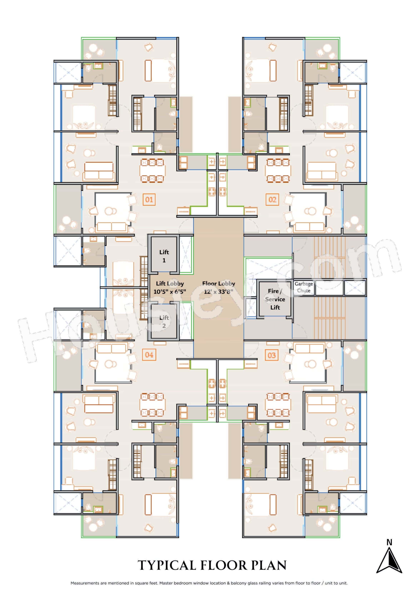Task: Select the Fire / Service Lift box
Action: [x=275, y=299]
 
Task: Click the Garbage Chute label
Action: [x=303, y=287]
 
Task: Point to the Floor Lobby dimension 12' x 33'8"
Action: [x=218, y=292]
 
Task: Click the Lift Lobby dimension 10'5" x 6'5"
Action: [x=170, y=292]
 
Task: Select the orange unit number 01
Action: [x=149, y=200]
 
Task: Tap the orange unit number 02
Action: [x=272, y=200]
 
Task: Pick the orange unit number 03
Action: [x=272, y=355]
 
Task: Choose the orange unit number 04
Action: [x=149, y=355]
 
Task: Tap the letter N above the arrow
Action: [x=389, y=542]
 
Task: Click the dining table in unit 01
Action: [x=152, y=171]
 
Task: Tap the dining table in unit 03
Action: [x=278, y=405]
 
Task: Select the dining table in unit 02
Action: [x=278, y=171]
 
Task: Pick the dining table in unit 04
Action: [x=152, y=405]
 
